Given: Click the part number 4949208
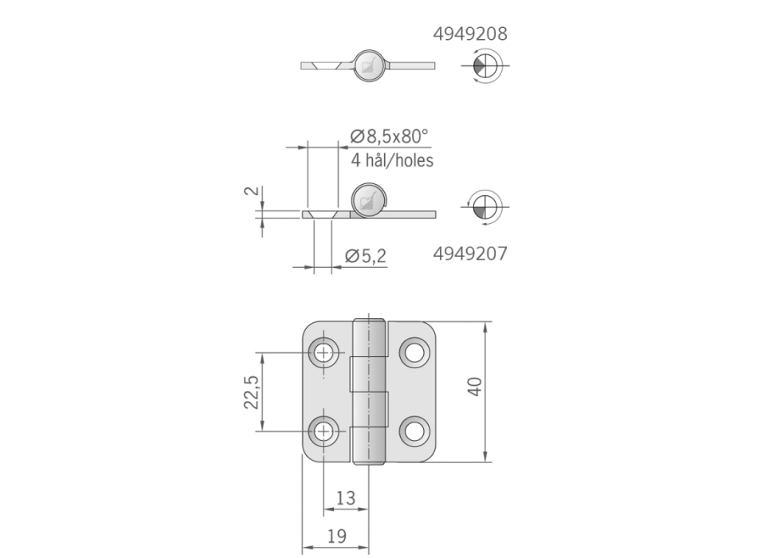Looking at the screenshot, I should click(470, 34).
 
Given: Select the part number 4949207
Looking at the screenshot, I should click(470, 254).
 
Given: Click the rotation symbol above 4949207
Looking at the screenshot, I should click(483, 206).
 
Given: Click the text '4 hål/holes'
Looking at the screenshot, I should click(392, 160).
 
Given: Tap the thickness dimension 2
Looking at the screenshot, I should click(249, 191).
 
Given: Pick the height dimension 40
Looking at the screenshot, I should click(475, 388).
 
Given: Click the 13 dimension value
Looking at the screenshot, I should click(345, 498).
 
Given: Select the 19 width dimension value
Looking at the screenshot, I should click(337, 536).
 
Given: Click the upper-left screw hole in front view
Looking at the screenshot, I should click(324, 352).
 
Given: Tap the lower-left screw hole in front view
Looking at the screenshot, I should click(324, 431).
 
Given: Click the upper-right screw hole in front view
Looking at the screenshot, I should click(414, 352).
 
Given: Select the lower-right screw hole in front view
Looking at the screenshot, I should click(414, 431).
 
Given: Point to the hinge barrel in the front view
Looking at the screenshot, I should click(369, 391).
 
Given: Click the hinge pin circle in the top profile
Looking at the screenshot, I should click(368, 64).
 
